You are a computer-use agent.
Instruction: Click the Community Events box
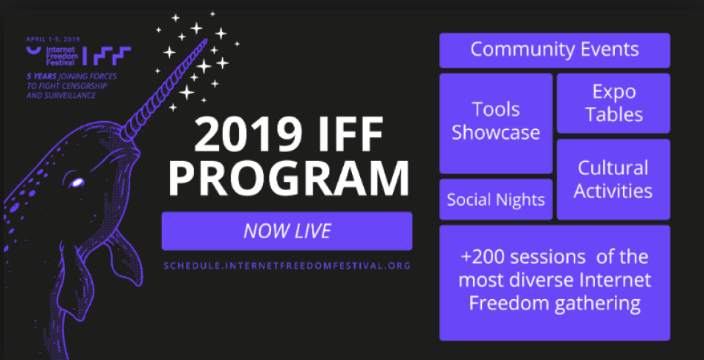coord(555,50)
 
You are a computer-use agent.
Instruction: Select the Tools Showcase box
coord(495,123)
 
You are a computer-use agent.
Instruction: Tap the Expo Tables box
coord(613,103)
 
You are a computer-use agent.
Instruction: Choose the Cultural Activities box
coord(613,180)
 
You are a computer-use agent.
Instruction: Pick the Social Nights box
coord(495,200)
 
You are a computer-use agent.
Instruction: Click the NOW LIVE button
coord(287,231)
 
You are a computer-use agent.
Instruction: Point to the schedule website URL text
coord(287,265)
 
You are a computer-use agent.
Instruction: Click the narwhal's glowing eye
coord(76,183)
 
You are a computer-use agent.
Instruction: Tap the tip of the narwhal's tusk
coord(206,40)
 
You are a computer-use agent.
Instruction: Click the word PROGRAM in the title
coord(288,177)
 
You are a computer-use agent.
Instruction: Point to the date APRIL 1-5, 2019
coord(53,39)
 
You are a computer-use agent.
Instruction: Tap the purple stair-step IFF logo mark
coord(112,56)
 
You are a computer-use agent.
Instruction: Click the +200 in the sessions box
coord(486,258)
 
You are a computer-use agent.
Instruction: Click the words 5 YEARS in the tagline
coord(42,76)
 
